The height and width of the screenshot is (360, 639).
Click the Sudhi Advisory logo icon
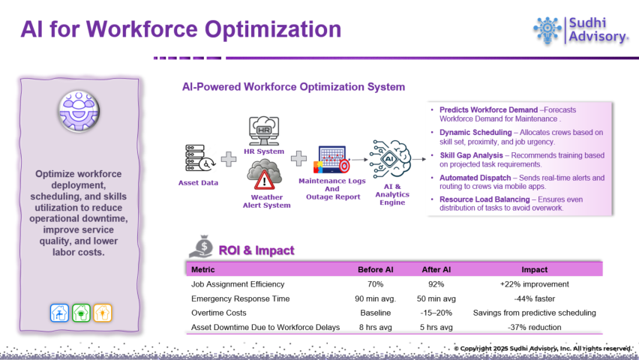pyautogui.click(x=547, y=30)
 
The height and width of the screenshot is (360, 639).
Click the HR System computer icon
pyautogui.click(x=264, y=130)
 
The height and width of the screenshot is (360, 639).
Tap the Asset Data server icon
pyautogui.click(x=199, y=158)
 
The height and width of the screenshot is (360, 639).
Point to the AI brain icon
pyautogui.click(x=390, y=159)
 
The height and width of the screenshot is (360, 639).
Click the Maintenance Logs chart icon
pyautogui.click(x=331, y=160)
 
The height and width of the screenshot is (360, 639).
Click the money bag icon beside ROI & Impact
pyautogui.click(x=201, y=246)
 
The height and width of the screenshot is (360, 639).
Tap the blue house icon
pyautogui.click(x=59, y=313)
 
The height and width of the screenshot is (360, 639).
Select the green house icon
pyautogui.click(x=81, y=313)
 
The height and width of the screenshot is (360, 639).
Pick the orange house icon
pyautogui.click(x=102, y=313)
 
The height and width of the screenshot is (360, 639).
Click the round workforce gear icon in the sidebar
pyautogui.click(x=79, y=111)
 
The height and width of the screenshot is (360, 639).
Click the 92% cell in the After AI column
pyautogui.click(x=436, y=284)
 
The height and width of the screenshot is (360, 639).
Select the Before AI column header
pyautogui.click(x=375, y=269)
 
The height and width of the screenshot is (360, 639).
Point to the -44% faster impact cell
pyautogui.click(x=534, y=298)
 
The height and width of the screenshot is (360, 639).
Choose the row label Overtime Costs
pyautogui.click(x=219, y=313)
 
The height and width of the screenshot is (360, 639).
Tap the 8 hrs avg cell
pyautogui.click(x=375, y=327)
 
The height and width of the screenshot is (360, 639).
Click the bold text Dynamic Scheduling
pyautogui.click(x=475, y=133)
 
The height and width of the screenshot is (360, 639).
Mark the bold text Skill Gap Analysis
pyautogui.click(x=471, y=155)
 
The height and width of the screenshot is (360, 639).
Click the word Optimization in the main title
pyautogui.click(x=273, y=29)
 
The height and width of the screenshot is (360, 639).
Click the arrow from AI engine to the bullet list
pyautogui.click(x=419, y=160)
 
